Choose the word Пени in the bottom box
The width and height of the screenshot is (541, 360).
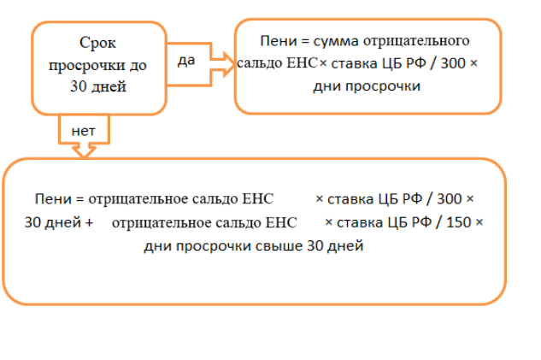click(52, 198)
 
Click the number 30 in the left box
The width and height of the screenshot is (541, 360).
click(78, 86)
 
